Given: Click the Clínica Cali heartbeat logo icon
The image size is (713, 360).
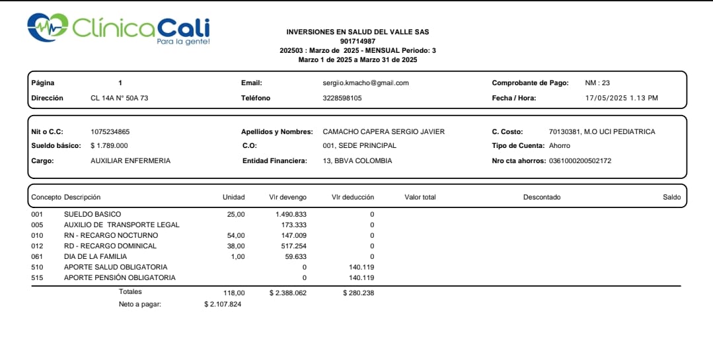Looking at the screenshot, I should pyautogui.click(x=48, y=26).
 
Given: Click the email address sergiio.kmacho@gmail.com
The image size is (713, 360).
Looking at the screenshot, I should pyautogui.click(x=361, y=83).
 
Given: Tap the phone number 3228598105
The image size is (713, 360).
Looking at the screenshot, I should pyautogui.click(x=337, y=98).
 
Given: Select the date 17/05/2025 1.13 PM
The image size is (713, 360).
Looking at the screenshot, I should pyautogui.click(x=622, y=98).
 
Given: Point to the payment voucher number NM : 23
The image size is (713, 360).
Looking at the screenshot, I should pyautogui.click(x=597, y=83).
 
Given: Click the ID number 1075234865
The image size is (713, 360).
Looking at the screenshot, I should pyautogui.click(x=110, y=131).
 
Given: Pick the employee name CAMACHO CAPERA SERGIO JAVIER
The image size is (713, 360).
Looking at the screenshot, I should pyautogui.click(x=383, y=131).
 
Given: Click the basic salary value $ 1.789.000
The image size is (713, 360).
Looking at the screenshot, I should pyautogui.click(x=109, y=145).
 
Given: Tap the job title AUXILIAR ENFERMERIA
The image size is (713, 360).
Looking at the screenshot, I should pyautogui.click(x=130, y=161).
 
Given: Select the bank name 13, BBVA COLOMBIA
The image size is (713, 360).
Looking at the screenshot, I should pyautogui.click(x=357, y=161).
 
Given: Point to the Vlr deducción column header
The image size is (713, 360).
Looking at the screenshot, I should pyautogui.click(x=352, y=197).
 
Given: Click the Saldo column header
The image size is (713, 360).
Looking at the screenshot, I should pyautogui.click(x=671, y=197).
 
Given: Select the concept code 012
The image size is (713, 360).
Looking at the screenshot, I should pyautogui.click(x=37, y=246).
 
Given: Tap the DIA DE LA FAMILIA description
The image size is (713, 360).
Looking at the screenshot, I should pyautogui.click(x=95, y=256).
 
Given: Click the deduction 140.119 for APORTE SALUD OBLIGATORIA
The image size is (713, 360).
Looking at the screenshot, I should pyautogui.click(x=361, y=267).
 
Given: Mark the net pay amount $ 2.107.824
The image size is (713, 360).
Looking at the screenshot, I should pyautogui.click(x=223, y=304).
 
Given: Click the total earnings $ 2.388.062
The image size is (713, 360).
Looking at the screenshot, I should pyautogui.click(x=287, y=293).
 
